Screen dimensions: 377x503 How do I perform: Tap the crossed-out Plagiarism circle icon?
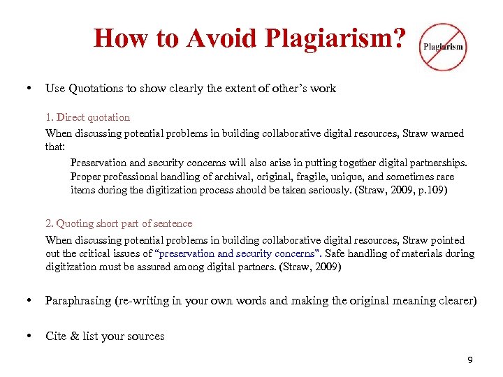(442, 47)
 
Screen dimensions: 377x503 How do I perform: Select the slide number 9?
(470, 360)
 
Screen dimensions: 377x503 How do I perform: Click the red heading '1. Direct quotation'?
(87, 117)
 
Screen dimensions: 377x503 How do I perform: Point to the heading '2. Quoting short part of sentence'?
(119, 223)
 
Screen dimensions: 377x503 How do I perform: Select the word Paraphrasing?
(78, 301)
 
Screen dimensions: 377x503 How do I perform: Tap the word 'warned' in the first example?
(446, 133)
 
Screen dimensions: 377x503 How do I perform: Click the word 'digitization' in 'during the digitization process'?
(173, 190)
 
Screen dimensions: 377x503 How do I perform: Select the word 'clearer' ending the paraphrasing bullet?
(456, 301)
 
